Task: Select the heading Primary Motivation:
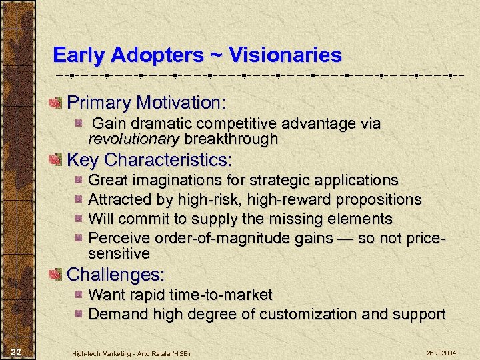(147, 103)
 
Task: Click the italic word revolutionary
(133, 139)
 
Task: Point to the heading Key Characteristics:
(149, 160)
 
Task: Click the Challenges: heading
(116, 274)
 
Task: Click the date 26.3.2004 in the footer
(441, 352)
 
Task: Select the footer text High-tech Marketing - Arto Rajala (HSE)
(131, 352)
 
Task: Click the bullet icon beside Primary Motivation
(55, 103)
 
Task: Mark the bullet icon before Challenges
(55, 274)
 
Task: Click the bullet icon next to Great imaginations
(79, 181)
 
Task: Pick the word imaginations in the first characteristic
(181, 180)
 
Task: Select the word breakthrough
(231, 139)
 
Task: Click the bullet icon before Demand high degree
(79, 314)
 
